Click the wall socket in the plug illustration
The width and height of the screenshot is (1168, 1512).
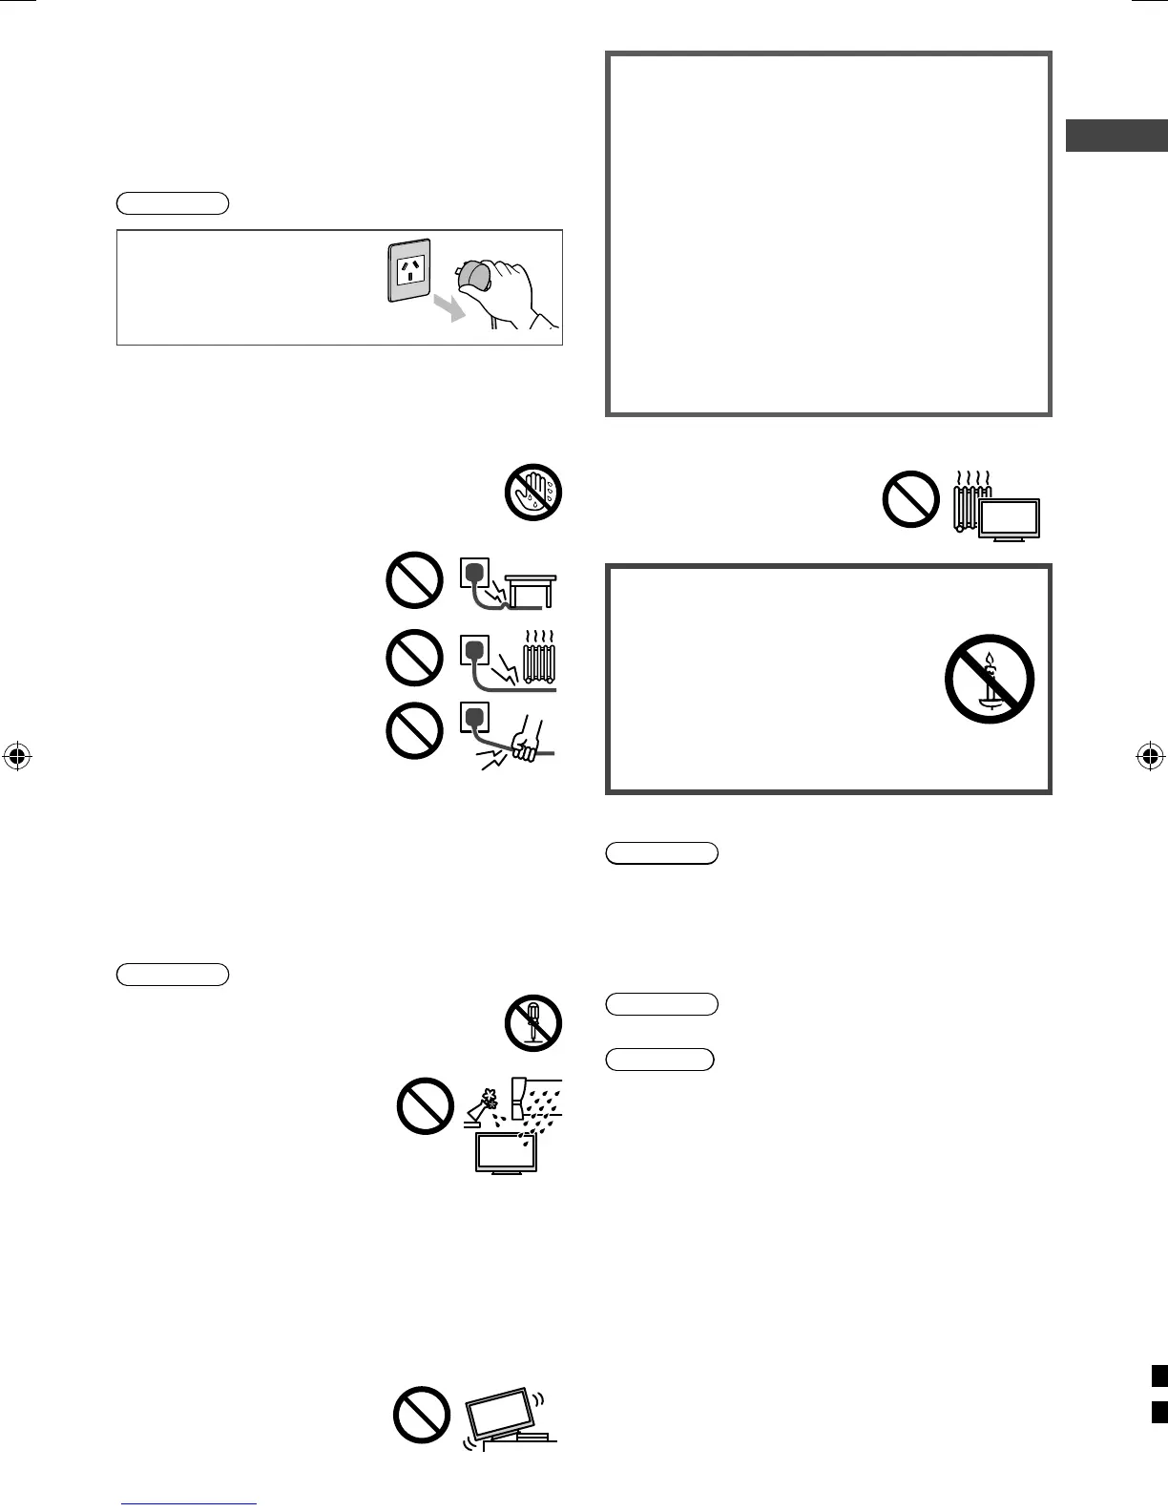(x=409, y=270)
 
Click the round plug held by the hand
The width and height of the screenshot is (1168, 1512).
(x=474, y=277)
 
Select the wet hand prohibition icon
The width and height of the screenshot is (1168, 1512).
(x=532, y=493)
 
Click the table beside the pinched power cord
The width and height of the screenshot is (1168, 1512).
(x=530, y=589)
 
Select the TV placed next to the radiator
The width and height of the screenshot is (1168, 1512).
(x=1011, y=521)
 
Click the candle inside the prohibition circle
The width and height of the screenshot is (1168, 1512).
(x=990, y=678)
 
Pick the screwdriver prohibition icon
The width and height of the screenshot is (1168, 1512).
(x=532, y=1023)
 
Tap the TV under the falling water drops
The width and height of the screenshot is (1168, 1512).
(x=506, y=1153)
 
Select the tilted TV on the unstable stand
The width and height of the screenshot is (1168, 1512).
(x=502, y=1412)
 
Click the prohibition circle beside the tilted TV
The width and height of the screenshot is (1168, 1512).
(x=422, y=1414)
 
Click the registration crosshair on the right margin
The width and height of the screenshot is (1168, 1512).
(x=1150, y=757)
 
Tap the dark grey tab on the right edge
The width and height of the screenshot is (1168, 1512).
(x=1116, y=136)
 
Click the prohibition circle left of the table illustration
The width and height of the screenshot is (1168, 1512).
(x=414, y=581)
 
